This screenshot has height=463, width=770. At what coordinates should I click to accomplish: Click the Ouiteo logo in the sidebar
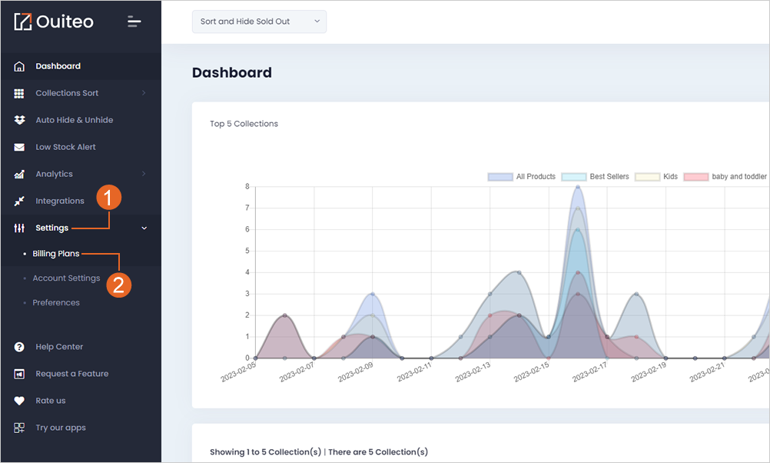54,22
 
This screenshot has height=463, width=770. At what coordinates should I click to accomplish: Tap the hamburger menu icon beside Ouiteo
134,22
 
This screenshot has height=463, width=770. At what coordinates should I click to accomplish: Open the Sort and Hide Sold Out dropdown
259,22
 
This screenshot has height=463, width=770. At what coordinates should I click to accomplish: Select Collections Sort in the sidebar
67,93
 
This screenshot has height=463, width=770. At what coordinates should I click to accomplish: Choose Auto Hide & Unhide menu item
74,120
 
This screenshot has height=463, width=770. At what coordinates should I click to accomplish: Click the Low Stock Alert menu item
65,147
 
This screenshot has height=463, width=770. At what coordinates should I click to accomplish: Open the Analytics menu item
54,174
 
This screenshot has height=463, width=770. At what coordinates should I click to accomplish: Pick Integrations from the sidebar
60,201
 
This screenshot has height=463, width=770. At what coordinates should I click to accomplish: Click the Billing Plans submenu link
56,254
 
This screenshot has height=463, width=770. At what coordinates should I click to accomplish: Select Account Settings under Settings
66,278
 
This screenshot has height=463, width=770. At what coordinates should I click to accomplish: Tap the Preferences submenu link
56,303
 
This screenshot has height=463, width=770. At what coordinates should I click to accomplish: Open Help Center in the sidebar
59,347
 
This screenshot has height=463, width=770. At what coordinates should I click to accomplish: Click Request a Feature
72,374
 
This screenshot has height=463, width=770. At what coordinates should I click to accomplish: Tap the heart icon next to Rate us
19,401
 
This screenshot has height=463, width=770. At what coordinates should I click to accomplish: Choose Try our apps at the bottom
61,428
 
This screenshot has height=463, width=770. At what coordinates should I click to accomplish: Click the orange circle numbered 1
108,198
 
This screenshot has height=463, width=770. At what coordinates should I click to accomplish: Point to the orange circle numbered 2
119,285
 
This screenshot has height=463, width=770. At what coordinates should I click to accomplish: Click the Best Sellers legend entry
596,177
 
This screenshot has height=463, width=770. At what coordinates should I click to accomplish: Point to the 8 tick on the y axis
247,187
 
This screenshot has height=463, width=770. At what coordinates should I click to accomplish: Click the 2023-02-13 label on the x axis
473,372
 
